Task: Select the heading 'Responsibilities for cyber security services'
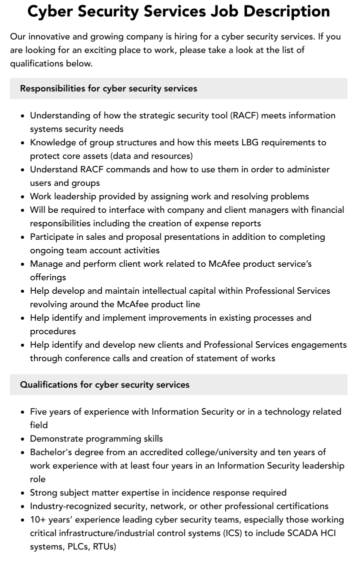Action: click(x=108, y=88)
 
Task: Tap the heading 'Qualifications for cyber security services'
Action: click(x=104, y=385)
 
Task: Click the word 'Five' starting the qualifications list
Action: click(x=39, y=412)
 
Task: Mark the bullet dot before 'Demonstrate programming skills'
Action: click(x=22, y=439)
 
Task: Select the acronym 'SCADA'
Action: click(x=302, y=533)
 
